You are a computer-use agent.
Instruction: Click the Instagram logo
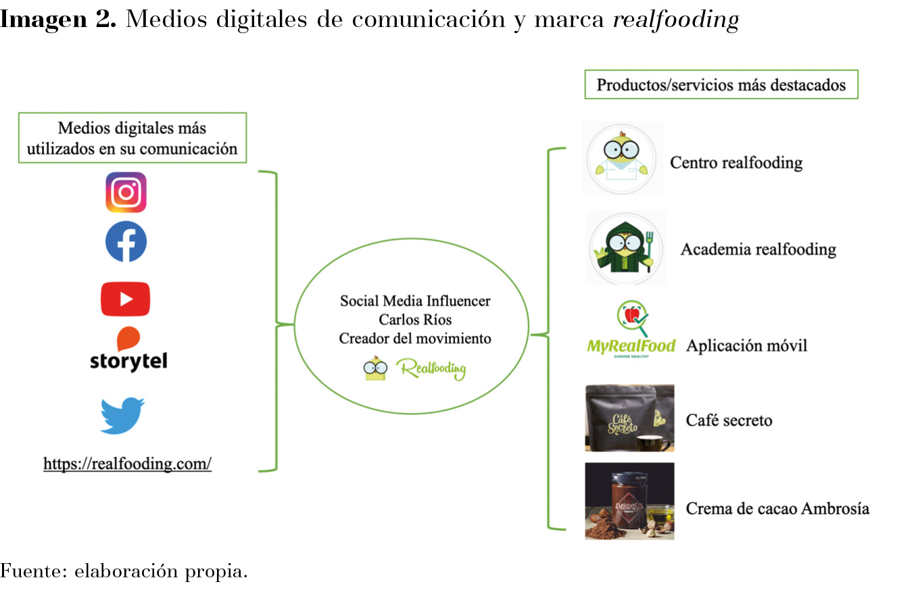(126, 192)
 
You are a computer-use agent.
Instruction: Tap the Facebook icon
(126, 241)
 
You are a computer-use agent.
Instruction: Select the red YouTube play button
(126, 299)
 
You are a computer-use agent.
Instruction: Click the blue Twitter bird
(122, 415)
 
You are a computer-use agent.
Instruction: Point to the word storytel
(128, 361)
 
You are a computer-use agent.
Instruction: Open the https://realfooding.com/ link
(128, 464)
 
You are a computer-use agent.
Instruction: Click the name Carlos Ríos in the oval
(415, 319)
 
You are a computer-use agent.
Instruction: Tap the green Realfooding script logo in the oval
(431, 368)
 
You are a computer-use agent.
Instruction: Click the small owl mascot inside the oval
(375, 368)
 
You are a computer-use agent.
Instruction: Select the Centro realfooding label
(736, 163)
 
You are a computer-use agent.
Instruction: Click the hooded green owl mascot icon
(625, 248)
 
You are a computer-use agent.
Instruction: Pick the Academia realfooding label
(758, 249)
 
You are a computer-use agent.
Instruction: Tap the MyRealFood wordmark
(631, 346)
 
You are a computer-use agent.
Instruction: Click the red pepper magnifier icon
(633, 318)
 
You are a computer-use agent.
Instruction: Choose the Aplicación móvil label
(746, 345)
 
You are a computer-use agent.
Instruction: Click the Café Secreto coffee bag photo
(629, 418)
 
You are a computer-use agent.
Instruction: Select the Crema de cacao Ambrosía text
(777, 509)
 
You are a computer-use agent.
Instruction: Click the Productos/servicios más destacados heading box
(721, 85)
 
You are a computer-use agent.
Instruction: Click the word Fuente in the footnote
(34, 571)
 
